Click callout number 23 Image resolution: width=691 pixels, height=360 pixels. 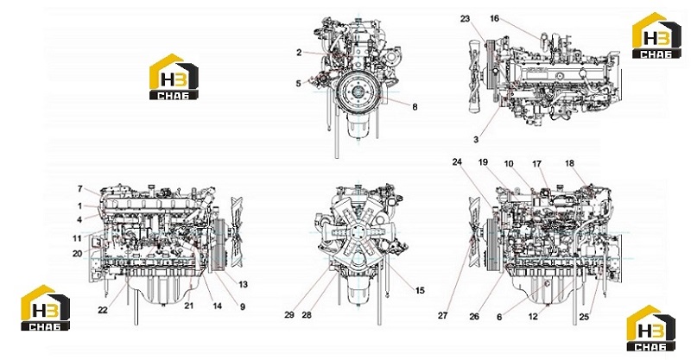(466, 19)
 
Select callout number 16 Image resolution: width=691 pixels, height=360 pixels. (494, 18)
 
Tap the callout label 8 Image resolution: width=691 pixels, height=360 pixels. (415, 107)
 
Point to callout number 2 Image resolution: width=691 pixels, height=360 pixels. (299, 53)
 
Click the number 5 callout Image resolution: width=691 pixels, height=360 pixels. (298, 83)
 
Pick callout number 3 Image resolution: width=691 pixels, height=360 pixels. (476, 140)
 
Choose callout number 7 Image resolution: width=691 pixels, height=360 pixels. (80, 189)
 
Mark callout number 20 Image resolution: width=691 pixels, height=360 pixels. (77, 253)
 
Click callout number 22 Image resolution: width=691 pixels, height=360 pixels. (103, 310)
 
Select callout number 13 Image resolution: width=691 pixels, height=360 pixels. (244, 285)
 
